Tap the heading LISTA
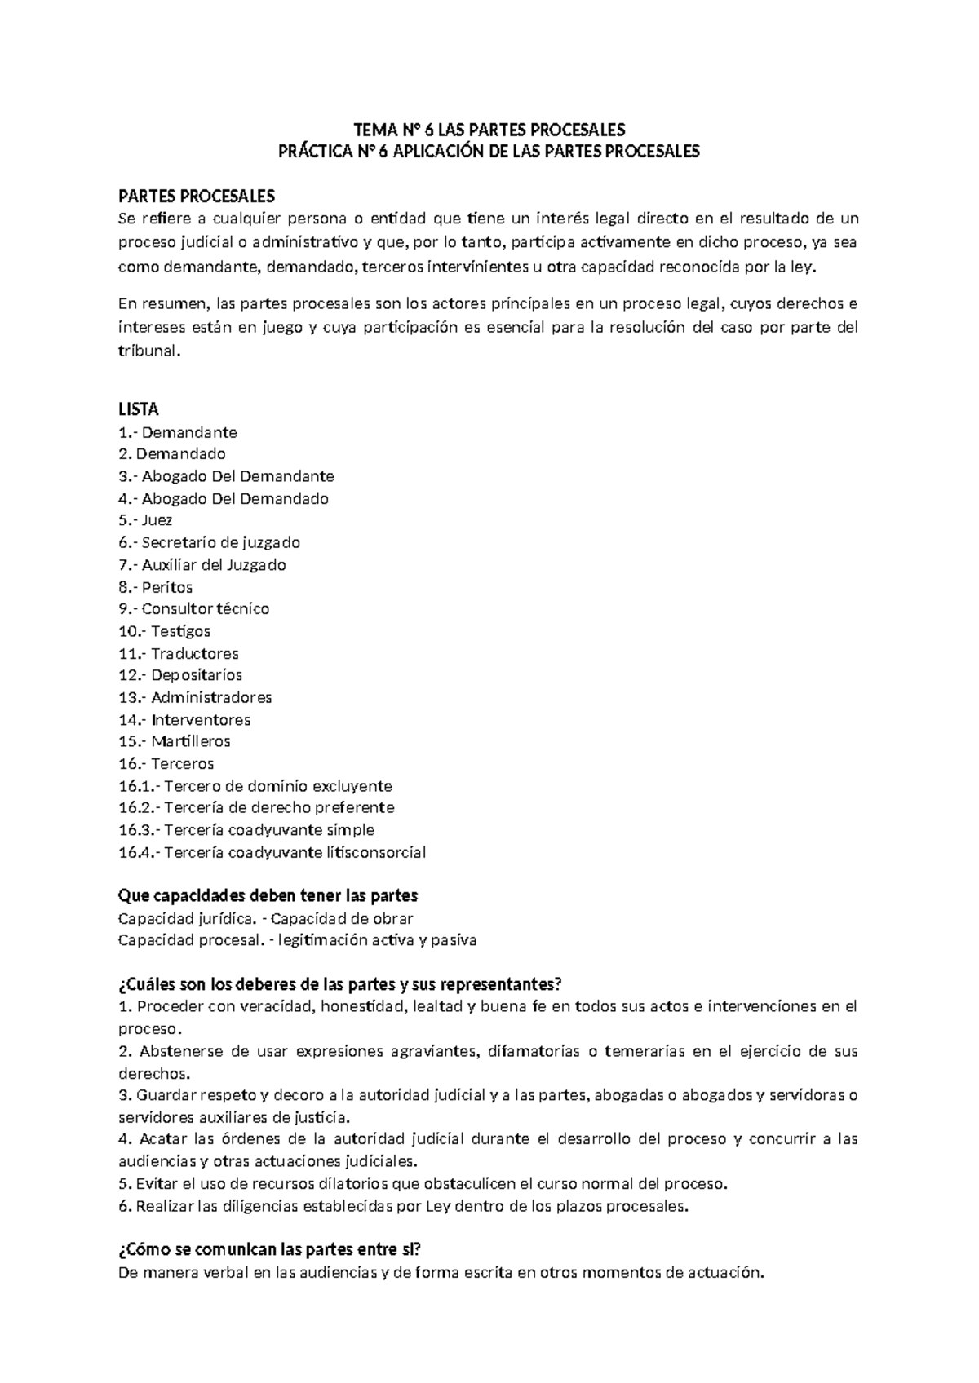coord(139,409)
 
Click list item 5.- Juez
coord(145,520)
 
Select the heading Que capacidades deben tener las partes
coord(268,896)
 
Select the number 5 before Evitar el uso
coord(122,1184)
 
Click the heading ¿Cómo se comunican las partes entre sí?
coord(269,1250)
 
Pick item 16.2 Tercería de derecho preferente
coord(256,808)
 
